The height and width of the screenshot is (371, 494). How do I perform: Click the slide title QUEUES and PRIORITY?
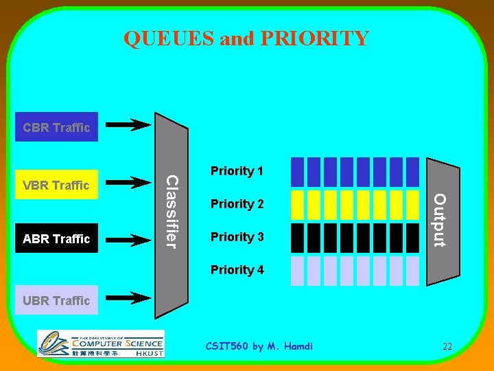(x=246, y=38)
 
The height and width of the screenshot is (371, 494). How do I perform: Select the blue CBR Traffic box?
(x=56, y=127)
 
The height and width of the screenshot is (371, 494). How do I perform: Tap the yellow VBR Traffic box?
(x=56, y=185)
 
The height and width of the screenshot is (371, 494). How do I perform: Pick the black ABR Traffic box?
(x=56, y=238)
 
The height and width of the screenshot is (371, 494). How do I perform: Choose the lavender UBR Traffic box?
(x=56, y=300)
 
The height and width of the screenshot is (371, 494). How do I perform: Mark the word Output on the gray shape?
(x=440, y=220)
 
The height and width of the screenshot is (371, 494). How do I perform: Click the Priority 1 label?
(x=237, y=171)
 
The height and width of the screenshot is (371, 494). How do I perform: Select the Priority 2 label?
(x=237, y=204)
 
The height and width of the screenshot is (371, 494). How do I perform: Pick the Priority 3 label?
(x=237, y=237)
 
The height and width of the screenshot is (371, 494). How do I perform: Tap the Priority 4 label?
(x=237, y=270)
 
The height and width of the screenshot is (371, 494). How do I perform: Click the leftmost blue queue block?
(x=297, y=172)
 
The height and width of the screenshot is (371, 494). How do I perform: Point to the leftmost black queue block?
(x=297, y=238)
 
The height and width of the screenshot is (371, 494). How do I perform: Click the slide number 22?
(x=447, y=346)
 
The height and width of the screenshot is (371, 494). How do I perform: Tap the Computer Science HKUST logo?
(x=100, y=344)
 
